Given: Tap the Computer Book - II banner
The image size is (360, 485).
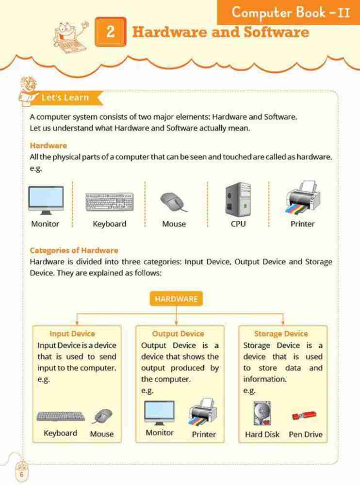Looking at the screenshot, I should pos(290,13).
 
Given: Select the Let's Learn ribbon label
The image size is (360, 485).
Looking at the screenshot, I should pos(65,97).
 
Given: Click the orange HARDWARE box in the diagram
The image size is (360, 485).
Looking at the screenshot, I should pos(176,299).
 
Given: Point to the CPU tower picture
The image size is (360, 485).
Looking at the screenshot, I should pos(238,199).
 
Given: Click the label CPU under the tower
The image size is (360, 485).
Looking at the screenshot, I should pos(238,224).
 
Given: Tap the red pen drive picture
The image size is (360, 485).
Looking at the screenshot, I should pos(304,416).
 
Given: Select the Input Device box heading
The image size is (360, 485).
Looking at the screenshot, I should pos(72,334).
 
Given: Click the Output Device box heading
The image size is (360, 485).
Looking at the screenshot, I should pos(178,334).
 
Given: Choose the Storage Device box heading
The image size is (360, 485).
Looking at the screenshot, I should pos(281,334).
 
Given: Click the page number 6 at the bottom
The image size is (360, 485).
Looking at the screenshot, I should pos(21,473).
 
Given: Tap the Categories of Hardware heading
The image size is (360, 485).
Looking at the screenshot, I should pos(74,250).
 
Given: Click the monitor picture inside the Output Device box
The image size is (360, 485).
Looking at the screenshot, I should pos(159,413).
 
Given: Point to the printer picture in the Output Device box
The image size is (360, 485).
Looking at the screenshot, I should pos(203,413).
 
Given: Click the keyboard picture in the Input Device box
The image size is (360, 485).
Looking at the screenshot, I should pos(61,417).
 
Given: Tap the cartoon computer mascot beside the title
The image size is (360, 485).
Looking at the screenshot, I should pos(68,34).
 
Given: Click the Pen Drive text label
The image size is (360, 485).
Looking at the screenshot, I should pos(305,434).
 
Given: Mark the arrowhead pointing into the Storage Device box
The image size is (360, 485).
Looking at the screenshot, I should pos(283,323).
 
